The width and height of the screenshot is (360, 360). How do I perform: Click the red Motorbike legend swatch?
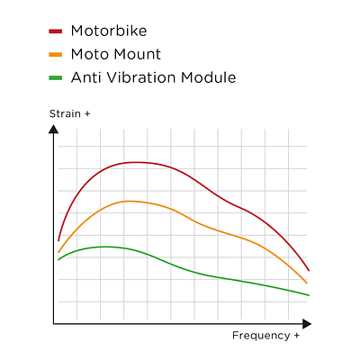pyautogui.click(x=55, y=31)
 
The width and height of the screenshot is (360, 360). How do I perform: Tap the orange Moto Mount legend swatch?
pyautogui.click(x=55, y=54)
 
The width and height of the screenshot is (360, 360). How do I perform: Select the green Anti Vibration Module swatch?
pyautogui.click(x=55, y=77)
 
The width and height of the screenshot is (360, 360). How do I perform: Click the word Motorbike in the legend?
pyautogui.click(x=108, y=31)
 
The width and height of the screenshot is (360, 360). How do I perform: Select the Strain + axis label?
pyautogui.click(x=68, y=115)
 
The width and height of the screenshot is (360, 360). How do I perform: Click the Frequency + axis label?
pyautogui.click(x=265, y=336)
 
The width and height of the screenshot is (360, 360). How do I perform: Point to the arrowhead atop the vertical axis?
pyautogui.click(x=54, y=129)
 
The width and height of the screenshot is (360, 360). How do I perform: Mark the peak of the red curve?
pyautogui.click(x=135, y=162)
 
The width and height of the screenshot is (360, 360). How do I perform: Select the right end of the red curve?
pyautogui.click(x=309, y=270)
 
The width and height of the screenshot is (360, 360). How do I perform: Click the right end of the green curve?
pyautogui.click(x=309, y=294)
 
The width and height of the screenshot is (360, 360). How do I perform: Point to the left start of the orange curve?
pyautogui.click(x=58, y=252)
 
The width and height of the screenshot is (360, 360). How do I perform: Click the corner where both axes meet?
pyautogui.click(x=54, y=322)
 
